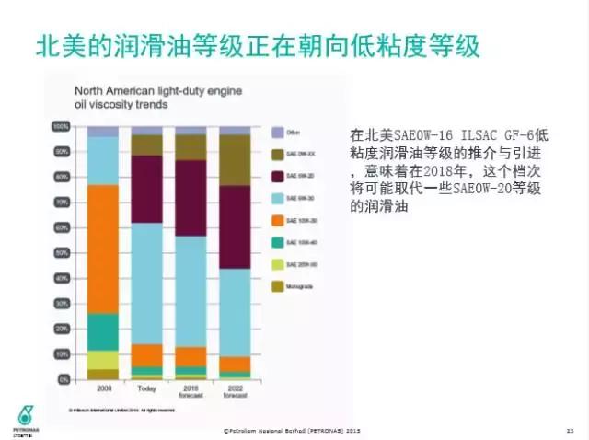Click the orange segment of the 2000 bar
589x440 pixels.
pos(102,249)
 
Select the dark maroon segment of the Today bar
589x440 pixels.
pos(146,189)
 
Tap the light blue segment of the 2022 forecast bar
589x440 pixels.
pos(235,312)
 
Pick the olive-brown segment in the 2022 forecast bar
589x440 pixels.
pos(235,160)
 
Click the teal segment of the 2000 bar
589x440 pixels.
pos(102,331)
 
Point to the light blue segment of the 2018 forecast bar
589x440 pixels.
pos(191,291)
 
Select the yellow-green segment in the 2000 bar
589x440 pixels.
pos(102,359)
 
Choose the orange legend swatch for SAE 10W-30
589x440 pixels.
pos(278,221)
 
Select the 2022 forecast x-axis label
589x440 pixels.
pos(235,392)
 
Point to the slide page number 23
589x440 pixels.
pos(570,429)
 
